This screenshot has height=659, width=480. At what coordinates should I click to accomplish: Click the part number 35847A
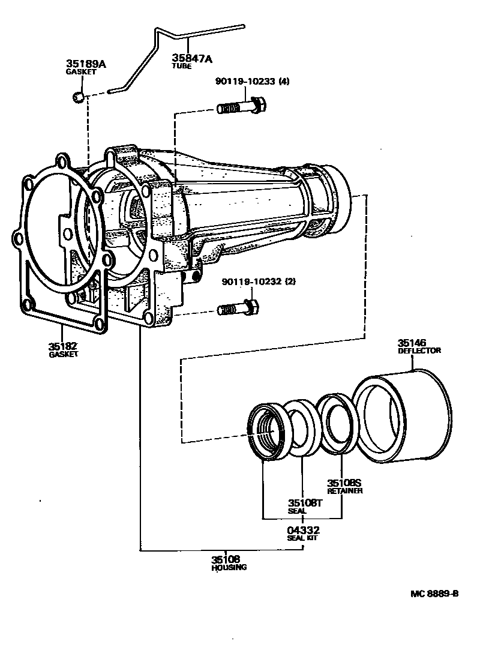(191, 58)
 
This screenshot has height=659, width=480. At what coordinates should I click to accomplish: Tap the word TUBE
(182, 66)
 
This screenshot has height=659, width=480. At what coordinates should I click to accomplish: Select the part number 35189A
(86, 64)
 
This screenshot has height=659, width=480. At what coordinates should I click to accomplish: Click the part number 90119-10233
(246, 81)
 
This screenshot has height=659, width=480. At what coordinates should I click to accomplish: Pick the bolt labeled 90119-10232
(238, 308)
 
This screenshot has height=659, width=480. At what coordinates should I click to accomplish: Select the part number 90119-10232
(252, 281)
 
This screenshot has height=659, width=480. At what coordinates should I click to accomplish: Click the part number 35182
(62, 346)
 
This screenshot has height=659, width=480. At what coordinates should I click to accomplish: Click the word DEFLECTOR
(419, 351)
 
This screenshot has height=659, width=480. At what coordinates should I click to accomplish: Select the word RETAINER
(344, 491)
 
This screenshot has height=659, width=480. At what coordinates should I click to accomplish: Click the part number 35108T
(305, 503)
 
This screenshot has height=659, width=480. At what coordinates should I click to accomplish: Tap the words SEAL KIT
(302, 538)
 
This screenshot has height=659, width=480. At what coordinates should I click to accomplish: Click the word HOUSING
(229, 567)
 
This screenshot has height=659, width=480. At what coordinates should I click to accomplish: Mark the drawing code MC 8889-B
(434, 594)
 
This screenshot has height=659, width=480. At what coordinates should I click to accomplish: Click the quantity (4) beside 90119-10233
(284, 81)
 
